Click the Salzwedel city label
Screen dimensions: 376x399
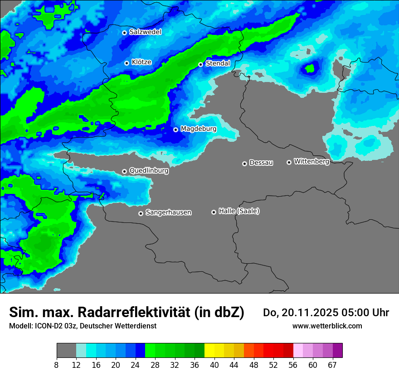(x=145, y=32)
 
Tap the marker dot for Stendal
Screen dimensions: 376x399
(x=201, y=64)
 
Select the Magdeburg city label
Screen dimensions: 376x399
(x=199, y=129)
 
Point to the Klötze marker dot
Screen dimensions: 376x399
(x=127, y=63)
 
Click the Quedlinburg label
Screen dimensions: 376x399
(x=149, y=171)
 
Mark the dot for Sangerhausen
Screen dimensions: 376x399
(x=141, y=213)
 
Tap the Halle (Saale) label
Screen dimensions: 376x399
(x=239, y=211)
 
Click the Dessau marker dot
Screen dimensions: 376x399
(x=244, y=164)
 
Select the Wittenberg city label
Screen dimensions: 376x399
(x=311, y=161)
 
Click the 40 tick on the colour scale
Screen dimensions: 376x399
(x=214, y=365)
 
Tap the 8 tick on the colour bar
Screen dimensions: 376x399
(x=56, y=365)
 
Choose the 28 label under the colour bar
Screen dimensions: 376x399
(x=155, y=365)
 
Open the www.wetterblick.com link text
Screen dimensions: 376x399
(x=327, y=326)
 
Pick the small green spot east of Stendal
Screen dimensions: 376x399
(x=310, y=69)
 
